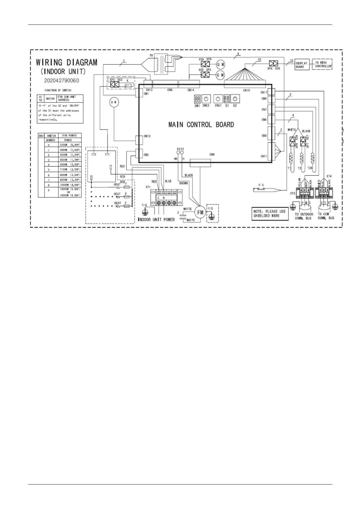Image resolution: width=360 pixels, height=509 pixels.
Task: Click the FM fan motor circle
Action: [x=200, y=212]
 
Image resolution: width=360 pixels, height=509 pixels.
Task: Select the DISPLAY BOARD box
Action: [x=302, y=65]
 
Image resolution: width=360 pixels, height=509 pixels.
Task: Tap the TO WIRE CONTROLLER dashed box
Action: [x=323, y=64]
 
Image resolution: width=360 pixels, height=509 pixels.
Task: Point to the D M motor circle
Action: [x=114, y=102]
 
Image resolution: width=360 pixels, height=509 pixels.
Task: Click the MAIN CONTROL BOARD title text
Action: [x=201, y=125]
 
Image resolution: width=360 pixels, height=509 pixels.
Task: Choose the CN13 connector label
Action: [x=147, y=136]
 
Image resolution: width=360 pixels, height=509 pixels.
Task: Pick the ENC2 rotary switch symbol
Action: [x=206, y=99]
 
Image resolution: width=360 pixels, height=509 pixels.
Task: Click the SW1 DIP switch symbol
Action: [x=197, y=99]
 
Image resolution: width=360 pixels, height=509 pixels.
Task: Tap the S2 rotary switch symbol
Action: [x=235, y=99]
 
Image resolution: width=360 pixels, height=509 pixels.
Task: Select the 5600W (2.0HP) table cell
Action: [x=70, y=165]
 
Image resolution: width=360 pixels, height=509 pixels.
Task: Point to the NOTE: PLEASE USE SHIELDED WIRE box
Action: [x=270, y=214]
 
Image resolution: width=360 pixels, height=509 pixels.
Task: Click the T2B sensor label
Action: [x=310, y=168]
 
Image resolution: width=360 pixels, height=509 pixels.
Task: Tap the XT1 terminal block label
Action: [x=148, y=187]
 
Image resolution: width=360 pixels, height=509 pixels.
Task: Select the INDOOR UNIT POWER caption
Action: [x=156, y=219]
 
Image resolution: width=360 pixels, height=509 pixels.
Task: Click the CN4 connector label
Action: [x=212, y=155]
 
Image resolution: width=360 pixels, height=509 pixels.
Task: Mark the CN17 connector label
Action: [x=264, y=92]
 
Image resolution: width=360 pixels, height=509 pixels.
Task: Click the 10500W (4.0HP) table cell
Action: [x=70, y=185]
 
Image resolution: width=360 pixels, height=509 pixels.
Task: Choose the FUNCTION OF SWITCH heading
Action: [x=58, y=90]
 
